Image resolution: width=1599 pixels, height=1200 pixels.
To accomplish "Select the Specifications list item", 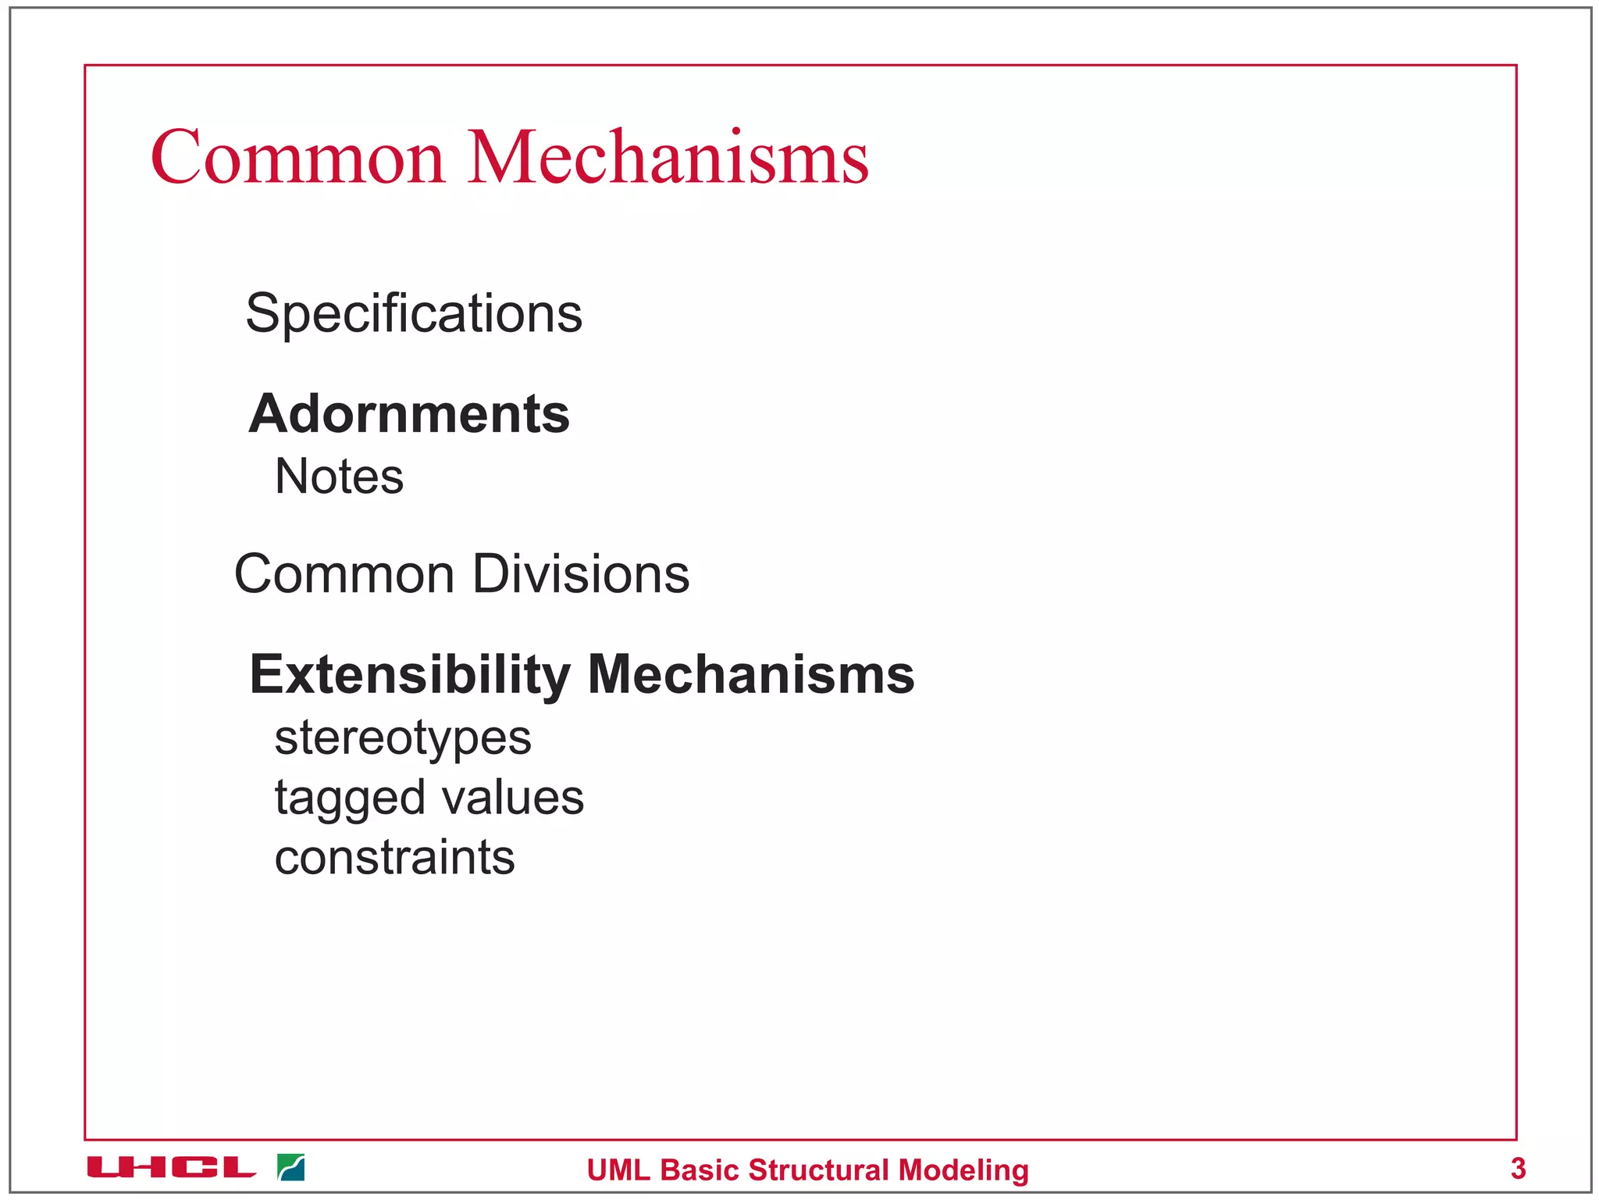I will coord(414,313).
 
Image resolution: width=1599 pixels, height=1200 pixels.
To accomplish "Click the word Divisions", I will coord(581,574).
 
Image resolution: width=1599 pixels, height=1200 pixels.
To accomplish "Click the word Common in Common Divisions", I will coord(344,574).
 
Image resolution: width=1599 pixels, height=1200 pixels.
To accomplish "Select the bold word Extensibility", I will coord(410,674).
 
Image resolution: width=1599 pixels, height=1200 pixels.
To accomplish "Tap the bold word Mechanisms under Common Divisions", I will coord(750,674).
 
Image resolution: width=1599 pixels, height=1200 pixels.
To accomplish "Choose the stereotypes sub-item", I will coord(403,738).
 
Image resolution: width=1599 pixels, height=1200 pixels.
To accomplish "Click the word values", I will coord(512,798).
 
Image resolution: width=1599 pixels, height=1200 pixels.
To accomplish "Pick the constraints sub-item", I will coord(394,858).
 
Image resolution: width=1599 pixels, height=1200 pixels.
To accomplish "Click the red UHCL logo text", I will coord(171,1168).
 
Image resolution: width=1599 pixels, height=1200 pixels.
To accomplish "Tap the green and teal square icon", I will coord(291,1168).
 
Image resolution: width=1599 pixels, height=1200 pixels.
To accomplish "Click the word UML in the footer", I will coord(618,1170).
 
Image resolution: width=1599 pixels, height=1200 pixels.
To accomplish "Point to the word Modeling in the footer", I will coord(963,1170).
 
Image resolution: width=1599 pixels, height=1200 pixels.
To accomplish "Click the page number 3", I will coord(1518,1169).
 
